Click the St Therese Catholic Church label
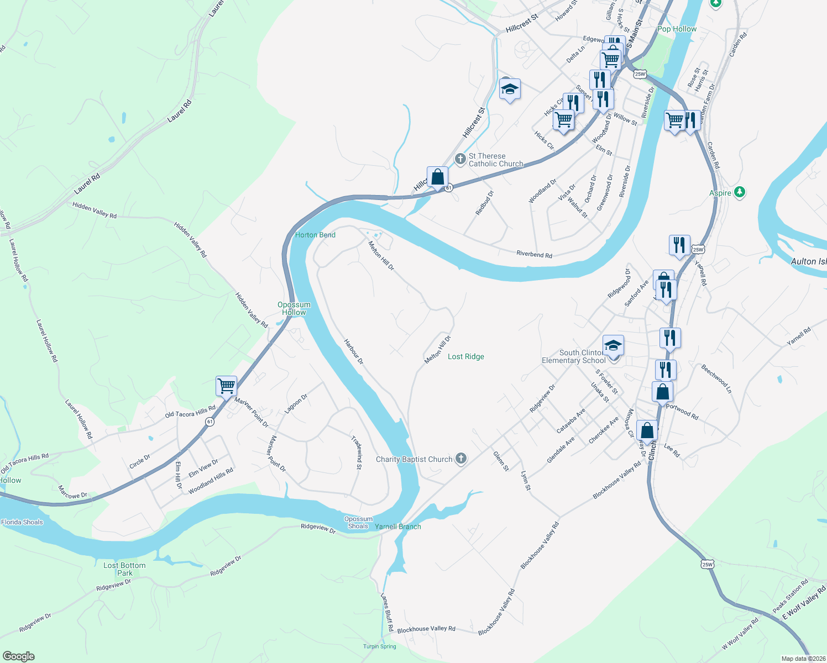pos(495,160)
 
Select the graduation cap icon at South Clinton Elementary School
pos(613,346)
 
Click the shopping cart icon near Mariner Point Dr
pos(226,385)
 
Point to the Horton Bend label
pos(315,235)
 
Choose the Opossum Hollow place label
pos(294,308)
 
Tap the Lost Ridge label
pos(465,356)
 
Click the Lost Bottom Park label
pos(124,569)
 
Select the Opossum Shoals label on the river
pos(358,522)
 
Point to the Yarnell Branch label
pos(398,527)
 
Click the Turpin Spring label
pos(380,646)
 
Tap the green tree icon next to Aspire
pos(740,192)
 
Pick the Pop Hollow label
pos(677,29)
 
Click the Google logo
pos(19,656)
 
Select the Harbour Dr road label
pos(354,352)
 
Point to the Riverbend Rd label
pos(534,255)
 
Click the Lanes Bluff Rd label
pos(386,612)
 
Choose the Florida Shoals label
pos(22,522)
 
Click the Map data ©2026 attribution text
pos(803,659)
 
